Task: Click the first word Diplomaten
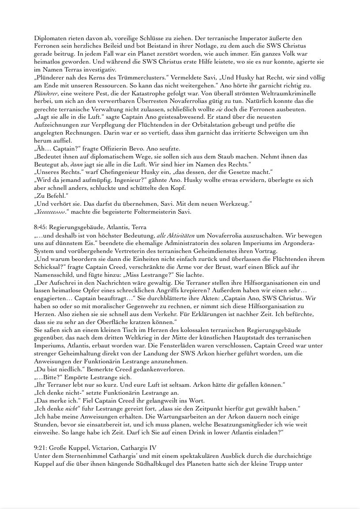49,38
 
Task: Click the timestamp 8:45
41,227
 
